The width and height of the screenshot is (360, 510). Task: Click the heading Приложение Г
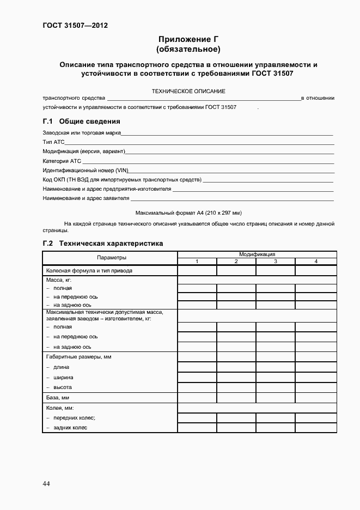[188, 39]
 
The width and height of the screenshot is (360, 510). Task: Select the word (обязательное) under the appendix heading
[188, 50]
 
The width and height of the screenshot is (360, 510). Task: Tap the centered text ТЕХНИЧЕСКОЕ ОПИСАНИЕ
[188, 91]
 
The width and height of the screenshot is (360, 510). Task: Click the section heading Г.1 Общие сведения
[81, 121]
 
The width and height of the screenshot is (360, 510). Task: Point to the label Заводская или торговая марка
[82, 133]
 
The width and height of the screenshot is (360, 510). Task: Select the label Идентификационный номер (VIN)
[85, 170]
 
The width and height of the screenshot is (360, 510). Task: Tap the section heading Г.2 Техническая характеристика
[103, 244]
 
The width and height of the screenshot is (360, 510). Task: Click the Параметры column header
[112, 257]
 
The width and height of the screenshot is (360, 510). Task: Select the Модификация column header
[257, 254]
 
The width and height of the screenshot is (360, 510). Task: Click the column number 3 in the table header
[276, 262]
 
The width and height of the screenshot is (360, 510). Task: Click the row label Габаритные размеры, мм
[79, 357]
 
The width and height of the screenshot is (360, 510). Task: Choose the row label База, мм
[58, 398]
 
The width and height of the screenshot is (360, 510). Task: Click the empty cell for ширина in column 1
[197, 377]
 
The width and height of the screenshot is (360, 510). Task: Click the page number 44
[46, 484]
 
